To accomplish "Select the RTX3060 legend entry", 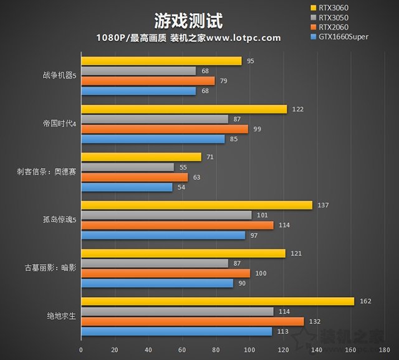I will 333,7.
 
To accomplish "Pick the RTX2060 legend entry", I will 333,27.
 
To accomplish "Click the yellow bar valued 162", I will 218,301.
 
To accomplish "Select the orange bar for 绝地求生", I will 193,321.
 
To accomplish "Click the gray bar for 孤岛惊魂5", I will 166,215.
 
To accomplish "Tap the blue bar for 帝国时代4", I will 153,138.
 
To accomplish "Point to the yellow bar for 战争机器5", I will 161,61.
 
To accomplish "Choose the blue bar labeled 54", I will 127,187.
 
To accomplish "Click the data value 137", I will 322,205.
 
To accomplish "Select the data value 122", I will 297,109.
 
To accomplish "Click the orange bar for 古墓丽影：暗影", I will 165,273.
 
